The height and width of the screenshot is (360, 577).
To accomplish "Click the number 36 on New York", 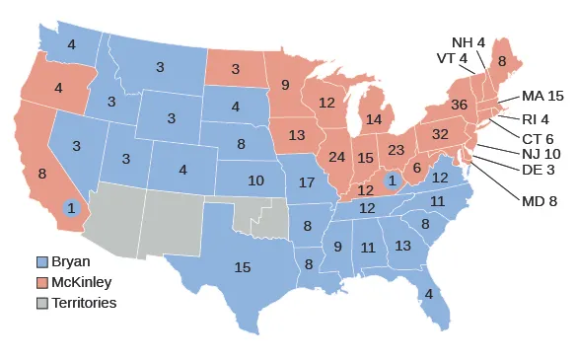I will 458,104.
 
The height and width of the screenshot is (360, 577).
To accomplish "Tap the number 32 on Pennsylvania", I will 440,134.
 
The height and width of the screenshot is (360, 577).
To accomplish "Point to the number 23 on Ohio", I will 397,151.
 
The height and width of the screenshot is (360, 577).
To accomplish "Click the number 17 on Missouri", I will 306,183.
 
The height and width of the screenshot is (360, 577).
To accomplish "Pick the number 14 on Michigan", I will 373,120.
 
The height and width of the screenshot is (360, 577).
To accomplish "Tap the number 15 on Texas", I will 242,266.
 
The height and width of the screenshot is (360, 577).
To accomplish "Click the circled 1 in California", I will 71,208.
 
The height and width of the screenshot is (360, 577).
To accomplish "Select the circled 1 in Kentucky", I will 392,180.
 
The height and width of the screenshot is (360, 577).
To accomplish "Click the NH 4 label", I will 468,42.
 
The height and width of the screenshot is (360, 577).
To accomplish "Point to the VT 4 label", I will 452,58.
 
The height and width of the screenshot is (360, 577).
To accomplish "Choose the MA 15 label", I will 542,96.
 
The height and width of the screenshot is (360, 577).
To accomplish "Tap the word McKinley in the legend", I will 85,281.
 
